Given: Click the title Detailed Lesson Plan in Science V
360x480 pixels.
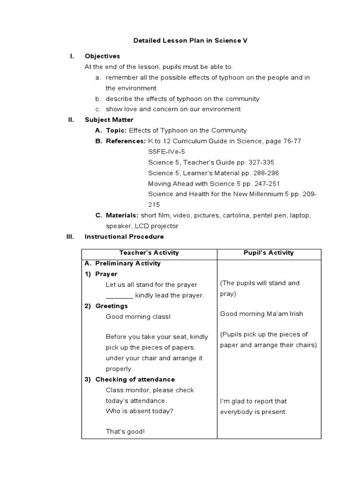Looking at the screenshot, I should [x=190, y=41].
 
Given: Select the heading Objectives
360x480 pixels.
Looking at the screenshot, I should [x=102, y=56].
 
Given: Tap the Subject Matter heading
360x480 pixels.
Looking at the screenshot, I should [x=109, y=120].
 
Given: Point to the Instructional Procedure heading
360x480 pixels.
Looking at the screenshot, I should [x=124, y=237].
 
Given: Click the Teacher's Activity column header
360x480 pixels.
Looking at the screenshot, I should [x=149, y=253].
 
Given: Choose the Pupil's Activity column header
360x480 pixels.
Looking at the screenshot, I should [x=269, y=253].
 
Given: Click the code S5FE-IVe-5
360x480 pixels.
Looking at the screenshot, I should [x=166, y=152].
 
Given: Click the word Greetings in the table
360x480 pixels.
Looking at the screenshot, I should [x=112, y=306].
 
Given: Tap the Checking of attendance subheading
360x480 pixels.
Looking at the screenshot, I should [x=135, y=380].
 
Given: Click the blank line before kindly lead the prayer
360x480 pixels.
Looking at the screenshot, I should [x=119, y=295].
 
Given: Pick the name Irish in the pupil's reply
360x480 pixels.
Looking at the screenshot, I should [x=294, y=314].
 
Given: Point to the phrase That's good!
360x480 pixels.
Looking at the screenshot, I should [x=125, y=431].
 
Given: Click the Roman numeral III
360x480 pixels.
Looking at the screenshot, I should [x=71, y=237].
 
